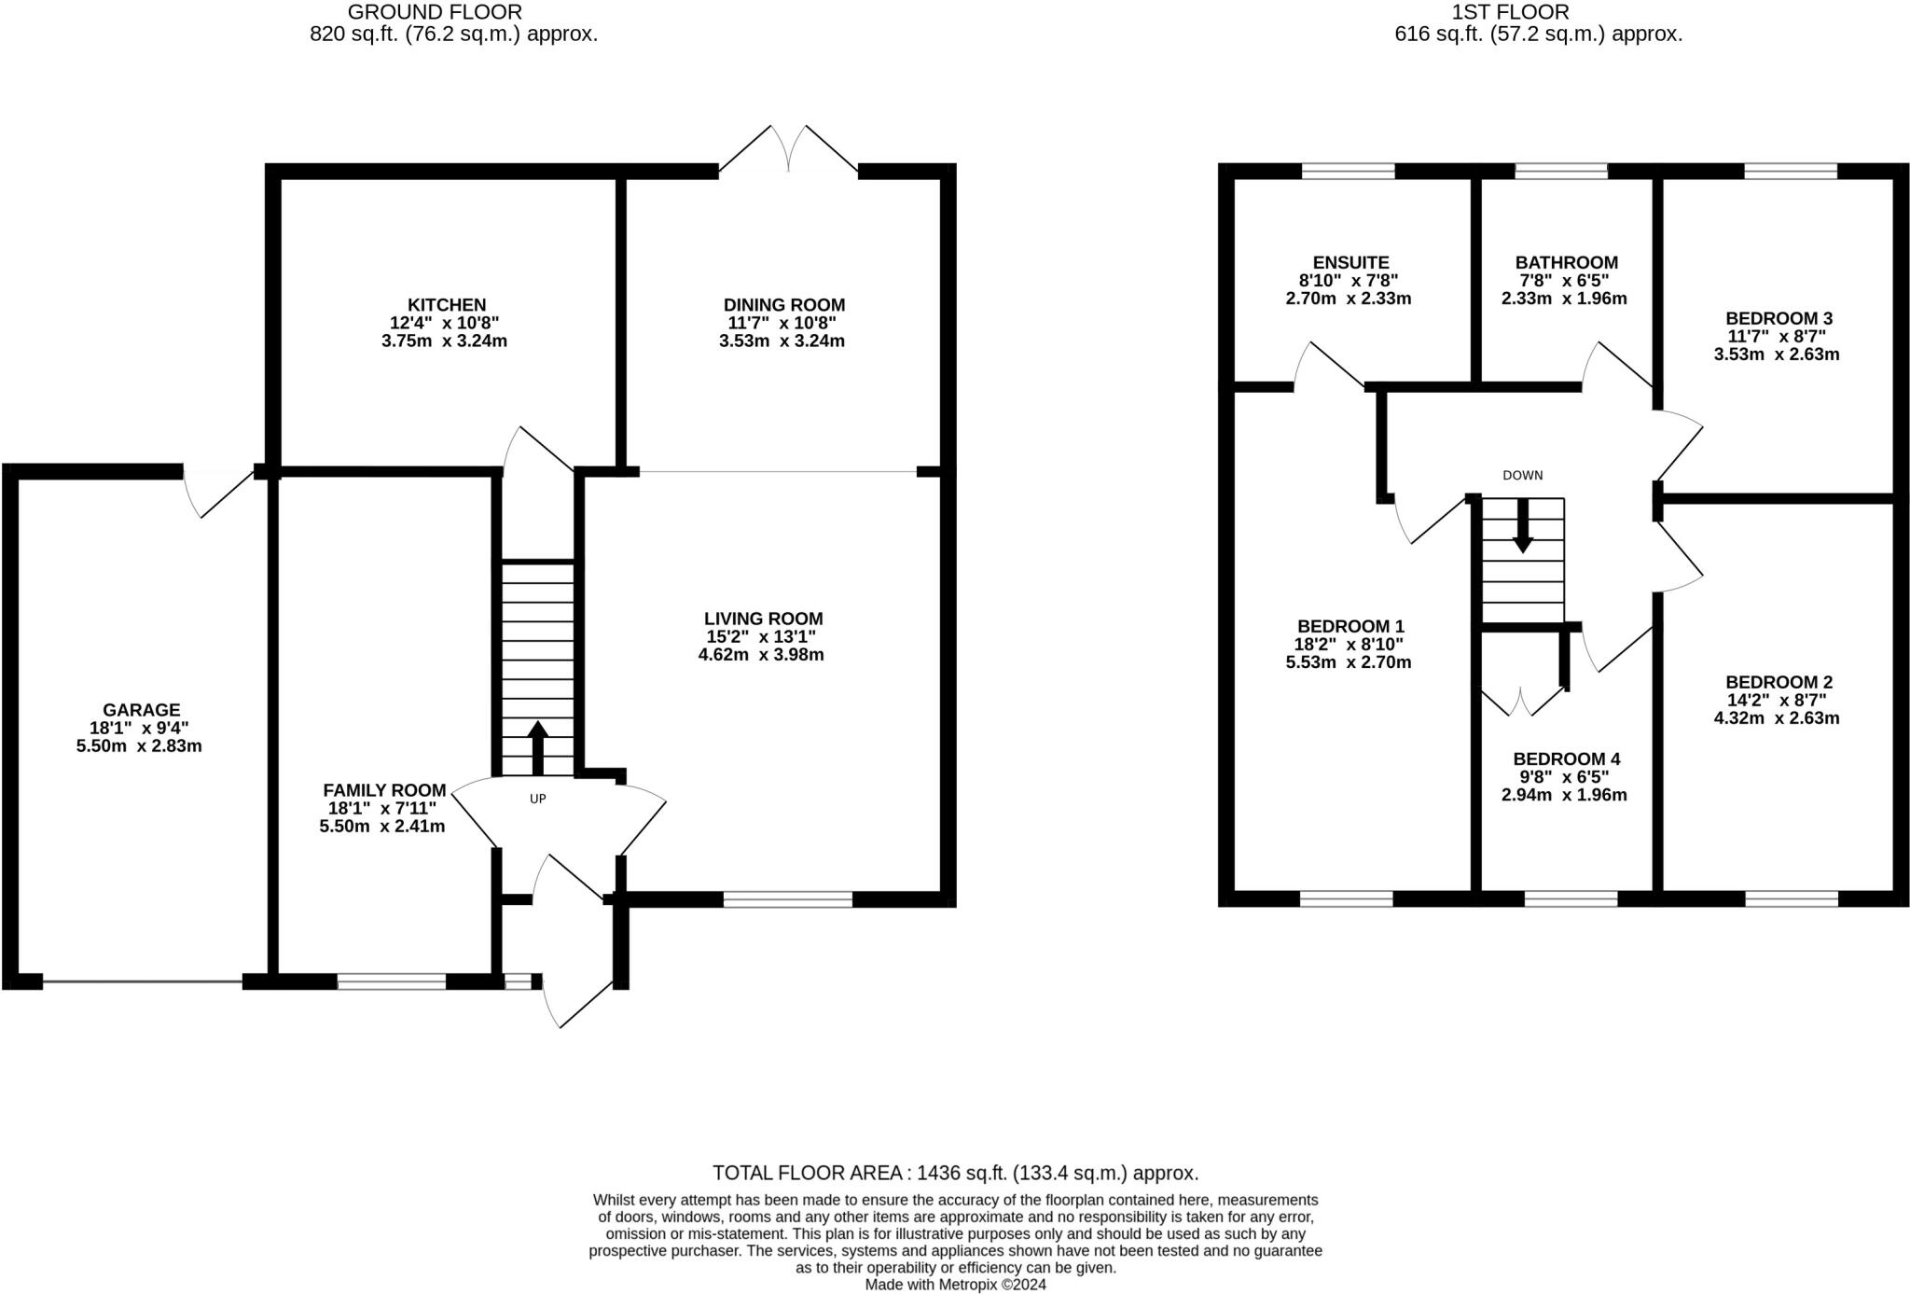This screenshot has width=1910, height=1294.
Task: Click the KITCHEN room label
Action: pos(447,305)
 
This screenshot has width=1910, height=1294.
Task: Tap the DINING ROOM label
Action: pos(784,305)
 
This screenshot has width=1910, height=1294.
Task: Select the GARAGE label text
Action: pos(142,710)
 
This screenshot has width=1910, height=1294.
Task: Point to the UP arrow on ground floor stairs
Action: pos(537,747)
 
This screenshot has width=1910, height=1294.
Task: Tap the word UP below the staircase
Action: pos(537,799)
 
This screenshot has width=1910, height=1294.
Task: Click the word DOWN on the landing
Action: pos(1523,475)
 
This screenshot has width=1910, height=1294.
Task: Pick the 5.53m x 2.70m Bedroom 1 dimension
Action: pos(1349,662)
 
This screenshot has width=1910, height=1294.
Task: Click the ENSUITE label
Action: pos(1350,263)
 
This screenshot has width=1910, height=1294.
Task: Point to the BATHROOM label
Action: pos(1567,263)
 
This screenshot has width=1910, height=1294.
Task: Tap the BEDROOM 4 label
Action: pos(1560,759)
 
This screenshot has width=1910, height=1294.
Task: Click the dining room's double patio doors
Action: pos(789,149)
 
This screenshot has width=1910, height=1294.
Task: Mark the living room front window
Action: pos(788,899)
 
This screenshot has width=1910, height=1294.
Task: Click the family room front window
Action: pos(392,981)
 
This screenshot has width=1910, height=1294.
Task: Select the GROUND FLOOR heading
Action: pos(435,12)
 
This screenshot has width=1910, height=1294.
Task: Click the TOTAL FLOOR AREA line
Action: pos(955,1173)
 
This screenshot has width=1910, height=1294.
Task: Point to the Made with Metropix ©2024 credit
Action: pos(956,1285)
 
